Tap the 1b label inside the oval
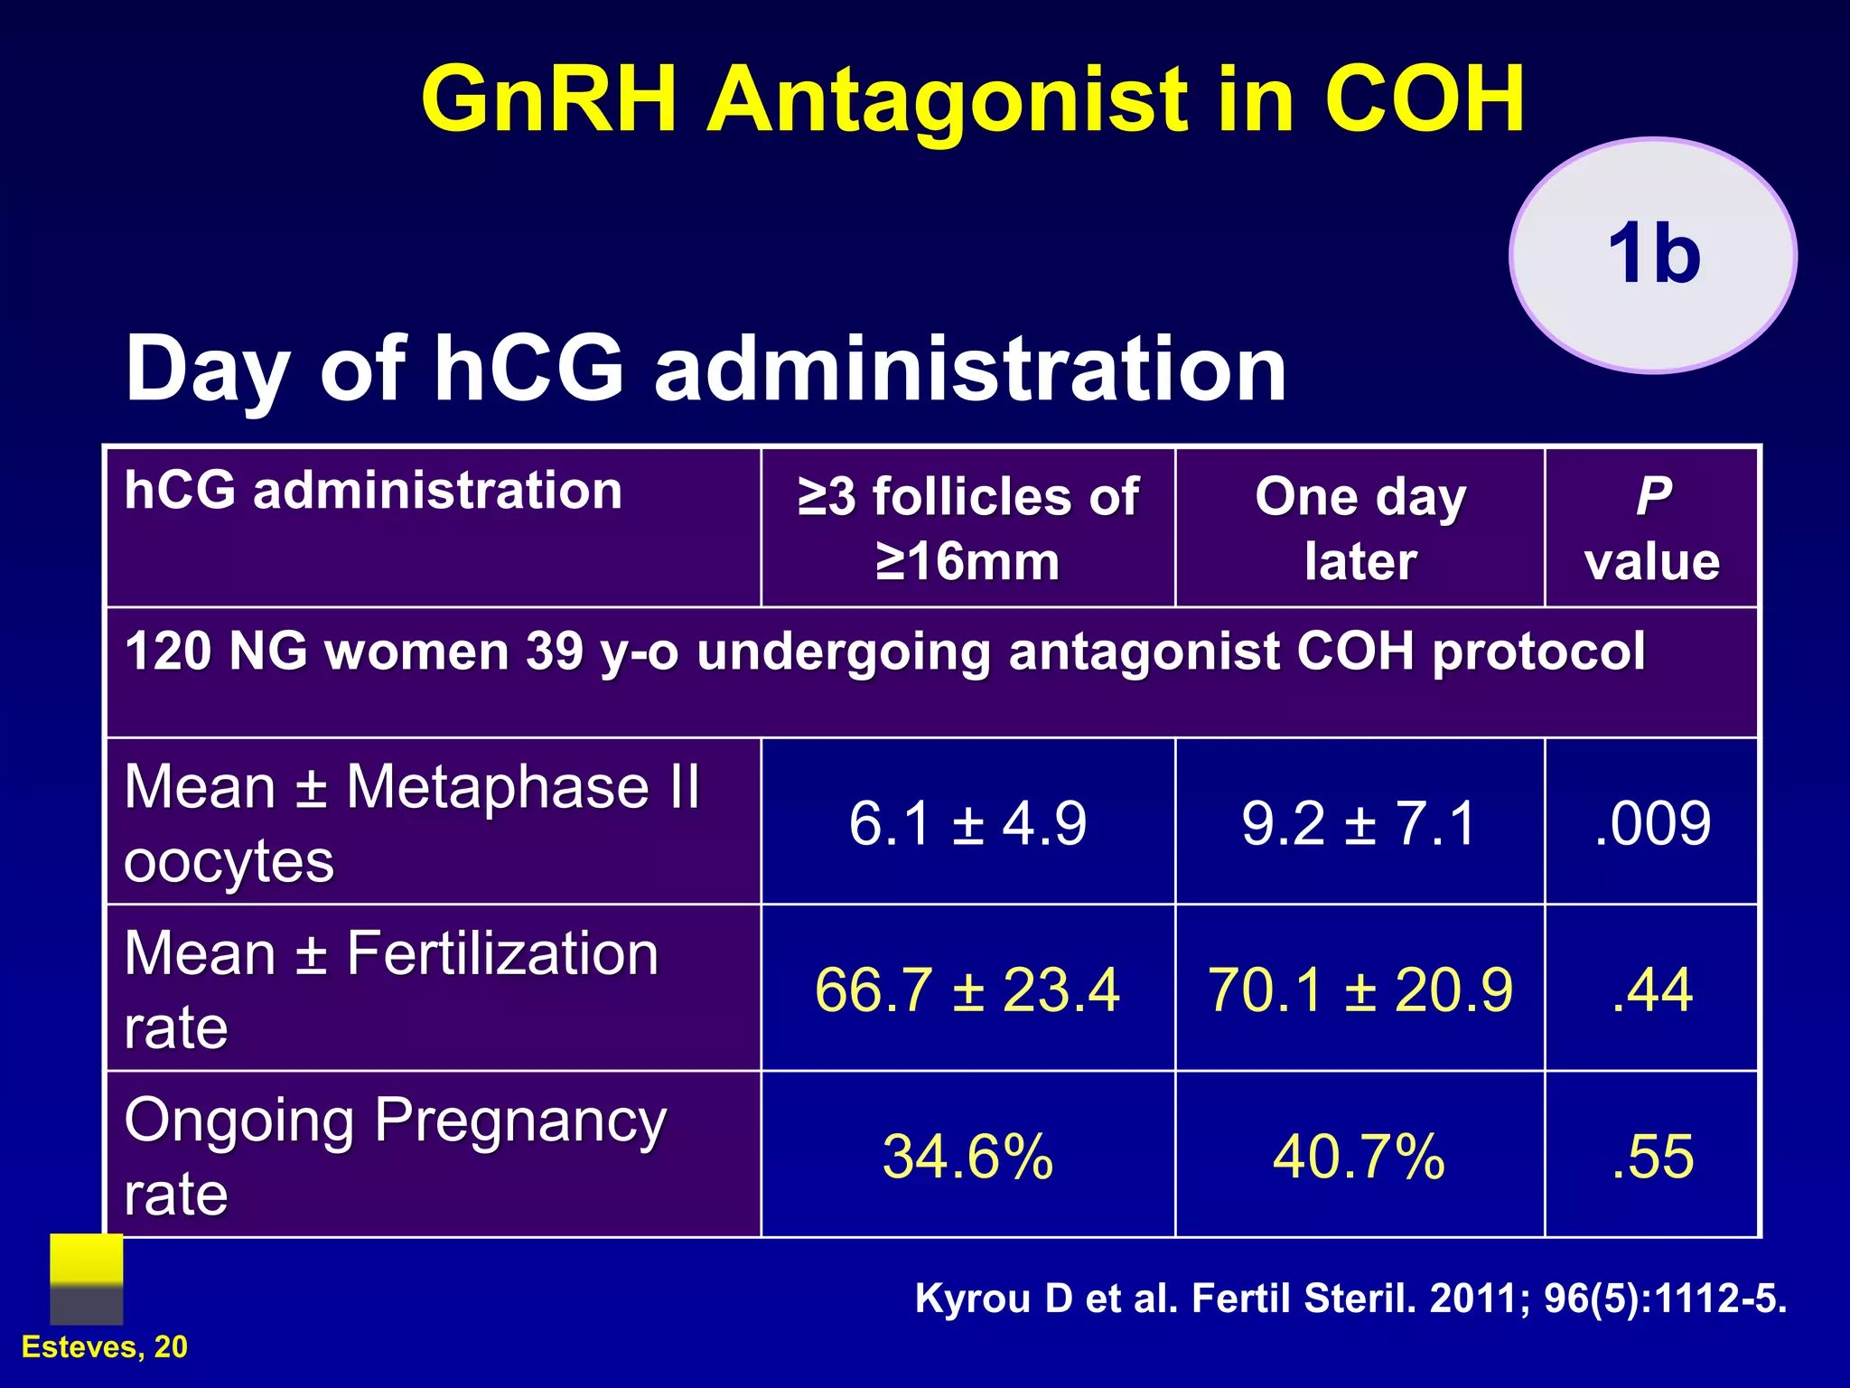tap(1653, 255)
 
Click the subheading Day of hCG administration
tap(705, 369)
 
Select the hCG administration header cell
tap(373, 492)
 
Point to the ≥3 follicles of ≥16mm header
tap(967, 529)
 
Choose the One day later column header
tap(1359, 529)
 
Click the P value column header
tap(1651, 529)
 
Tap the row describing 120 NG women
tap(885, 652)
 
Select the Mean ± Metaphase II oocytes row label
tap(411, 822)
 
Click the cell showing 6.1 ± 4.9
tap(967, 823)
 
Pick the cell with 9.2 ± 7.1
tap(1359, 823)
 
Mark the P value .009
tap(1651, 823)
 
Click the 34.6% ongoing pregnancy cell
tap(967, 1157)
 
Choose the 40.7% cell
tap(1359, 1157)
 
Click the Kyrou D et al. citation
tap(1350, 1299)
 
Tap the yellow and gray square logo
tap(86, 1279)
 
